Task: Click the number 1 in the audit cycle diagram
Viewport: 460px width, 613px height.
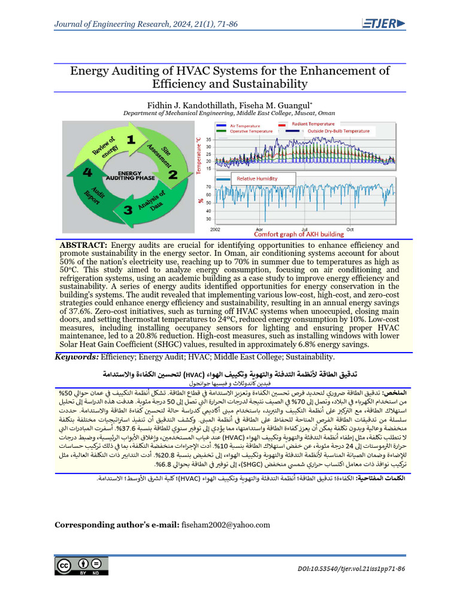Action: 131,142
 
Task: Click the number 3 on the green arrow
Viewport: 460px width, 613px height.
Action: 128,210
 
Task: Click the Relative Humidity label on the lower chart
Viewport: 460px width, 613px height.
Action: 258,178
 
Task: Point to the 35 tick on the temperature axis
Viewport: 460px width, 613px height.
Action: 208,139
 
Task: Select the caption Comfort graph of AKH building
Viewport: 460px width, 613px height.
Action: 299,234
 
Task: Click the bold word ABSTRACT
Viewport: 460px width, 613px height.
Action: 83,245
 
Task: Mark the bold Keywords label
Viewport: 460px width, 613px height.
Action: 76,357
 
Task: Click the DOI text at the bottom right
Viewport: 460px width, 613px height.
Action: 350,569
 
